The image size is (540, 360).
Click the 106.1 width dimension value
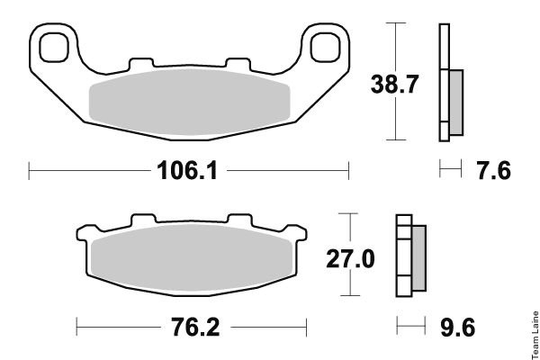click(x=187, y=170)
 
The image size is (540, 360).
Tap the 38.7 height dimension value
click(x=394, y=84)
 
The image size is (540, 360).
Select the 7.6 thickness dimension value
click(x=493, y=170)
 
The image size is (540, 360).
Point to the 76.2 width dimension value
click(x=195, y=328)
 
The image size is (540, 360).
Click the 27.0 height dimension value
click(x=350, y=258)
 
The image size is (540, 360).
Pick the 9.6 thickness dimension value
click(x=458, y=328)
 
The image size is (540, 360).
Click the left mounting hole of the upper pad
click(x=54, y=48)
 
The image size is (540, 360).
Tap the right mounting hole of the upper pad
click(x=325, y=48)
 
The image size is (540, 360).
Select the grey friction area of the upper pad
click(x=189, y=103)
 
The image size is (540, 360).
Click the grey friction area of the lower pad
click(x=192, y=258)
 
